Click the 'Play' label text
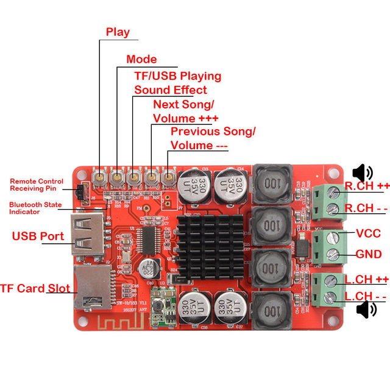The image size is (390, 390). [118, 32]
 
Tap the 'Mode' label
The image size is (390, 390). [141, 59]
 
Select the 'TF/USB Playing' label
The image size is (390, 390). [177, 76]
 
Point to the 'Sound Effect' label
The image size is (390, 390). [171, 90]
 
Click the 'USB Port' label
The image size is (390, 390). [38, 236]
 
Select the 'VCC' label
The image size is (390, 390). [367, 233]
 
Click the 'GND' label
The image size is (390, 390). [369, 254]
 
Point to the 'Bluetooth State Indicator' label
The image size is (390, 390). [35, 208]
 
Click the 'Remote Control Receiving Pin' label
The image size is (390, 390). [36, 185]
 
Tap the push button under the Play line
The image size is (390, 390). [99, 177]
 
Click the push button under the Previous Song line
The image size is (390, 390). [168, 177]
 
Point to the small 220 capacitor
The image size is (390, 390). [156, 266]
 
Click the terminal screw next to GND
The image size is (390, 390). [333, 255]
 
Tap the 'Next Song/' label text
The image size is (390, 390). [183, 104]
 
